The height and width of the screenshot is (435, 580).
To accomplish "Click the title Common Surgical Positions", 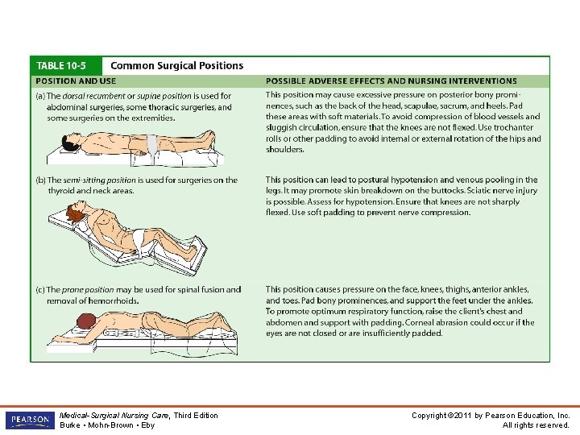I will click(176, 65).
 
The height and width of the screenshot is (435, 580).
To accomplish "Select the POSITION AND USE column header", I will click(75, 81).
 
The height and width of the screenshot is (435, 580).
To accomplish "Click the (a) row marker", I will click(39, 96).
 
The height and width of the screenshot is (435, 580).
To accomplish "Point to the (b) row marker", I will click(39, 180).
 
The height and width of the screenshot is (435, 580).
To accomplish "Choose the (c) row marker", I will click(39, 289).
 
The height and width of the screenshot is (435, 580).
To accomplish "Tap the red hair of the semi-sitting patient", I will click(75, 213).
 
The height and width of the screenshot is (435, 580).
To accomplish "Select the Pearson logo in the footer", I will click(28, 420).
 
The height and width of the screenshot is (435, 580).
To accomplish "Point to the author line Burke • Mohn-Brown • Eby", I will click(107, 425).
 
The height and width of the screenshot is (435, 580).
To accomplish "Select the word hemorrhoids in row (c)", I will click(114, 300).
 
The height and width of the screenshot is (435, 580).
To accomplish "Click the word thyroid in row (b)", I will click(63, 191).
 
